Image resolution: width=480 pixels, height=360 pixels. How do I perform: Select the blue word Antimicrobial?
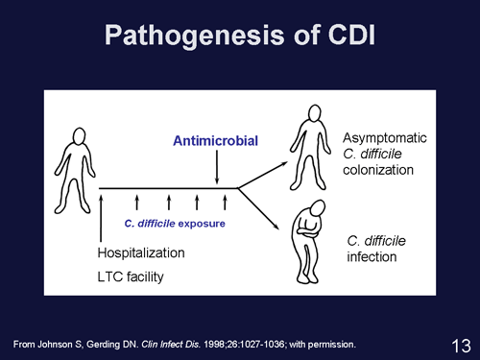(216, 141)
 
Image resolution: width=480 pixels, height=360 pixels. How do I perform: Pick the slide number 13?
(459, 343)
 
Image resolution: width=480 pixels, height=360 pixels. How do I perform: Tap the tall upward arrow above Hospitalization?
(102, 216)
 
